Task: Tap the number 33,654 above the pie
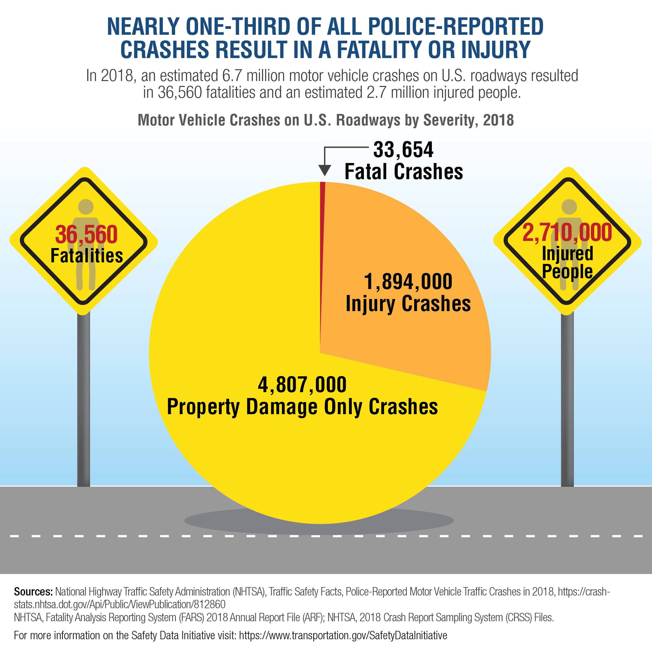(x=403, y=150)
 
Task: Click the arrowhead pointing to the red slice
(x=325, y=171)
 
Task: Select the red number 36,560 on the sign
(x=86, y=235)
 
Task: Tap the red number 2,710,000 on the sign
(x=567, y=232)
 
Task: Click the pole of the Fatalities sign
(x=84, y=400)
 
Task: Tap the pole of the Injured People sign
(x=567, y=400)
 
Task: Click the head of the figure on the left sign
(x=86, y=207)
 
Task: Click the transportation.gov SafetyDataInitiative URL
(x=343, y=635)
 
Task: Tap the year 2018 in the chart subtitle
(x=498, y=120)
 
